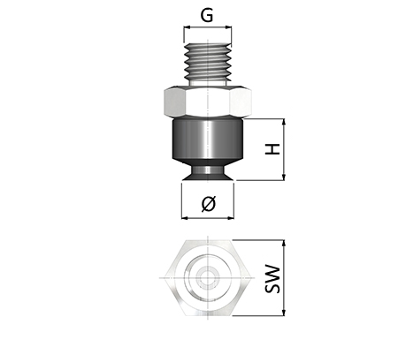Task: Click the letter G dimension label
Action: point(207,16)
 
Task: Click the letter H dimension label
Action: point(272,149)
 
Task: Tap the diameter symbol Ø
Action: point(209,204)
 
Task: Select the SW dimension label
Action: point(272,279)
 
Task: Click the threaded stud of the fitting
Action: point(208,64)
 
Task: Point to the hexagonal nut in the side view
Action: point(208,102)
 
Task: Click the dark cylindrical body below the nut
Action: point(208,139)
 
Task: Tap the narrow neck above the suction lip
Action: point(208,170)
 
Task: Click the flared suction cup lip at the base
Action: point(208,177)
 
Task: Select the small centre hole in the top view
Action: point(208,277)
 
